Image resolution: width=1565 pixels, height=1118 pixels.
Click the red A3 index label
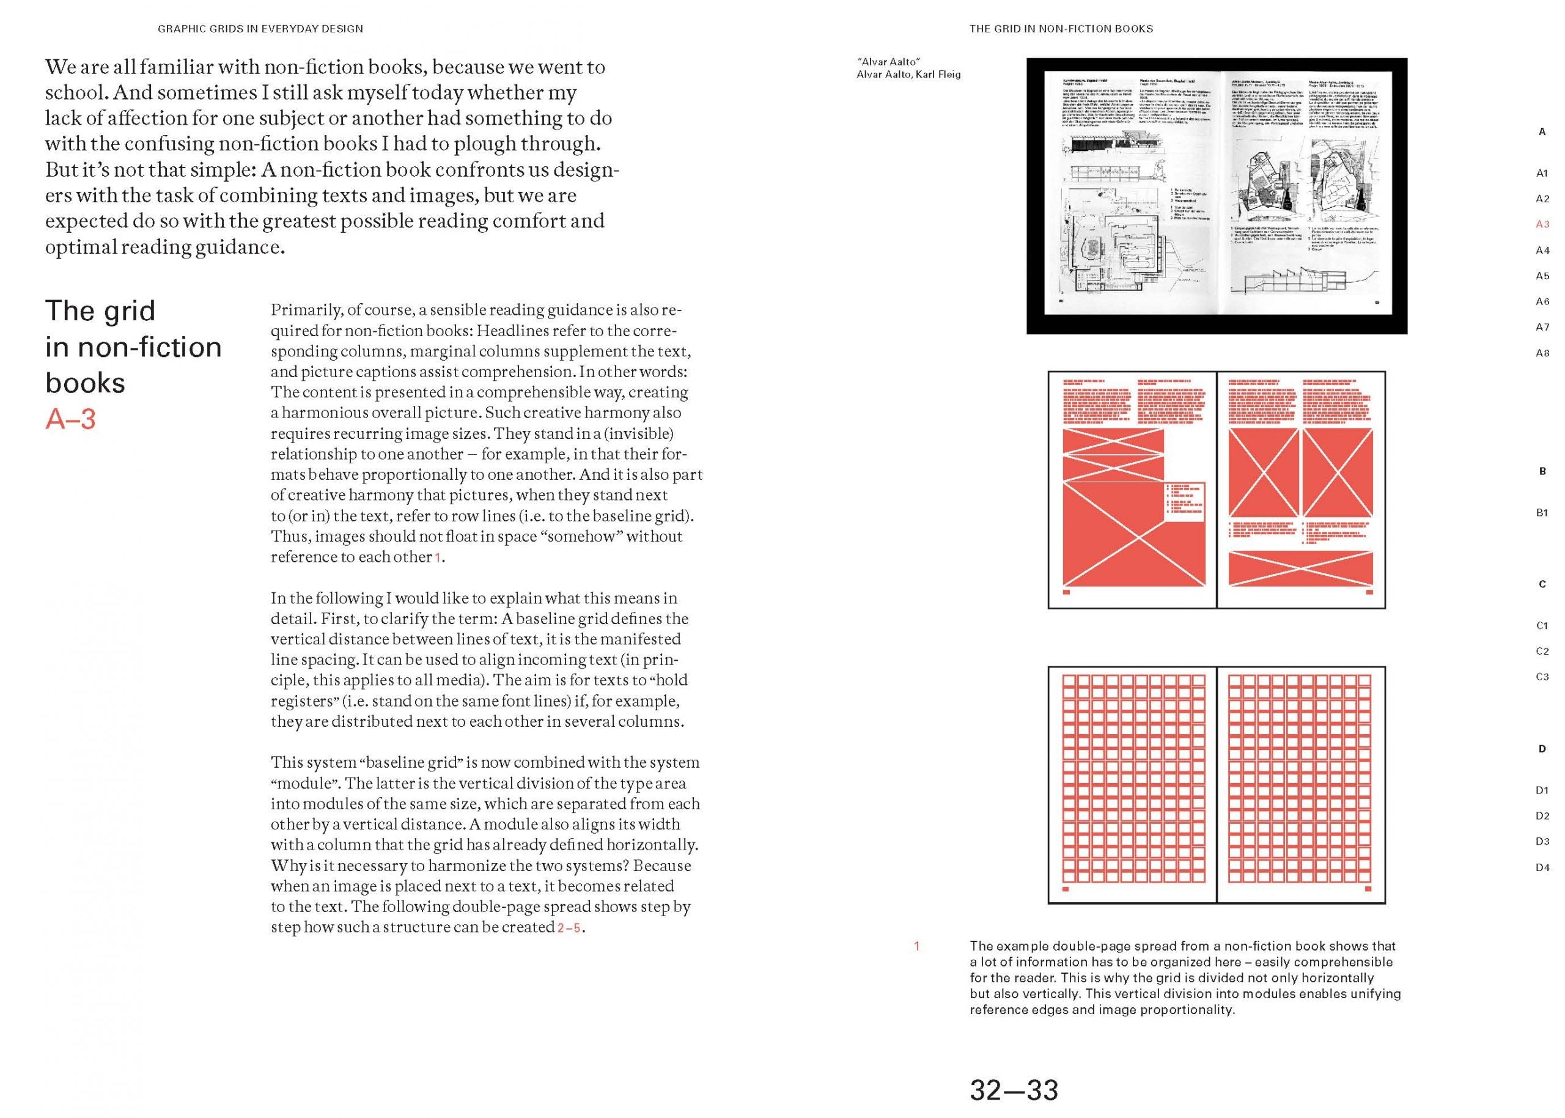coord(1542,224)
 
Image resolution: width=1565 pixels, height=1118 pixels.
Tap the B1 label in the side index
coord(1542,513)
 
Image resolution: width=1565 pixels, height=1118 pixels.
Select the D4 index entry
coord(1542,867)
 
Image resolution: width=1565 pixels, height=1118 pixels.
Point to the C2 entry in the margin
coord(1542,651)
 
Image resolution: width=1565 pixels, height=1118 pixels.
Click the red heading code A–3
coord(70,419)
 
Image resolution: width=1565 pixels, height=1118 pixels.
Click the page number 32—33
coord(1014,1090)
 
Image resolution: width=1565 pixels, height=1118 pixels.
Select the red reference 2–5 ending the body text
coord(569,928)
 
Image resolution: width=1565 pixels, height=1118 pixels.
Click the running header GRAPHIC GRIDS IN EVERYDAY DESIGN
coord(260,29)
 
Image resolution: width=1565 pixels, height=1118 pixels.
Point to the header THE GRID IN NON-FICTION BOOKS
coord(1061,29)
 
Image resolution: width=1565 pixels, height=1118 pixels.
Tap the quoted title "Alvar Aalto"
coord(888,62)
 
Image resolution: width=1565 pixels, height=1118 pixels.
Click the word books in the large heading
coord(85,383)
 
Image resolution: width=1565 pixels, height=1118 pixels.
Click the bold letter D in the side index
coord(1542,749)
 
